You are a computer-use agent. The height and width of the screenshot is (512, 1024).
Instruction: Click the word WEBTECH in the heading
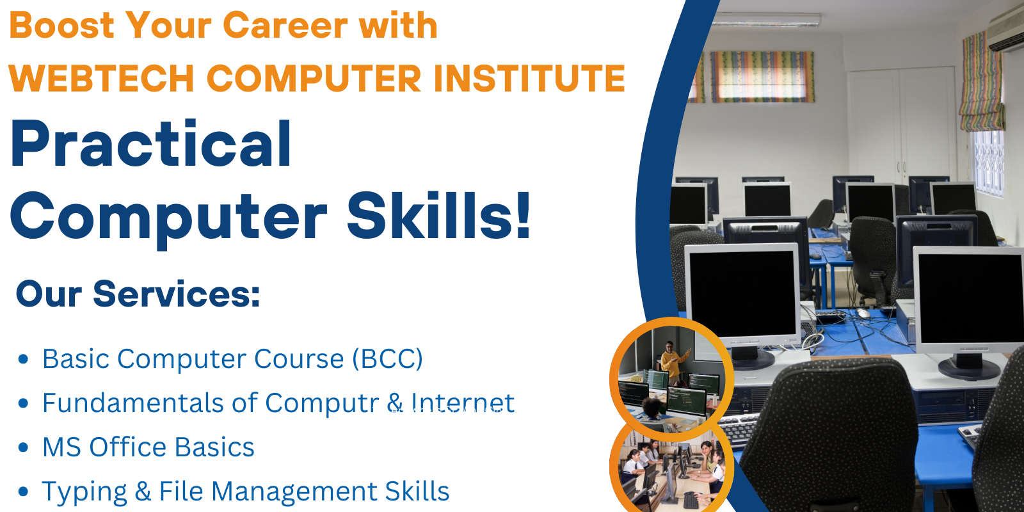tap(102, 77)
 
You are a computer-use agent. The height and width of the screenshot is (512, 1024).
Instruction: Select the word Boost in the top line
tap(61, 25)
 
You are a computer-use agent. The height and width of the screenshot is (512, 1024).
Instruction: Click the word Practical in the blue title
tap(150, 143)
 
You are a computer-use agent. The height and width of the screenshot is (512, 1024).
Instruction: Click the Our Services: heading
tap(138, 294)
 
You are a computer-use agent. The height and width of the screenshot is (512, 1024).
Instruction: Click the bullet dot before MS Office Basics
tap(23, 447)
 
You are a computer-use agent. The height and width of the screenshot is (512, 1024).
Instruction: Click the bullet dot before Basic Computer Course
tap(23, 359)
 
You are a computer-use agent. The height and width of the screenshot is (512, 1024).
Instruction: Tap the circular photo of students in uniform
tap(671, 468)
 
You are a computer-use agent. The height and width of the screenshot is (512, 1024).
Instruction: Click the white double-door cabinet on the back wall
tap(902, 125)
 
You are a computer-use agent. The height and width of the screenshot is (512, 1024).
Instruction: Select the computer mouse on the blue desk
tap(863, 313)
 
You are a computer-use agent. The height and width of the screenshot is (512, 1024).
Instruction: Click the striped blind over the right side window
tap(982, 83)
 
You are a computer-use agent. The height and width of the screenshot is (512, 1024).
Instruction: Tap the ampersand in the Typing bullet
tap(143, 492)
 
